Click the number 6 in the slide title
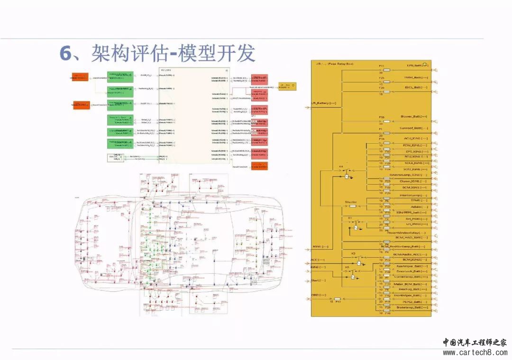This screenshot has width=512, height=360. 65,53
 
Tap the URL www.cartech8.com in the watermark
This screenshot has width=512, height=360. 475,352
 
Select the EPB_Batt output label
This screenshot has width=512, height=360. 417,66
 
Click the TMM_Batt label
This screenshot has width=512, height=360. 416,77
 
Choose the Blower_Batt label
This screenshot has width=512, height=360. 414,116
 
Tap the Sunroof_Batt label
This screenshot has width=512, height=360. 413,128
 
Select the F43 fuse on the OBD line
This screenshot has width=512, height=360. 337,299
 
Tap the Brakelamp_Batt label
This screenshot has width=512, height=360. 414,307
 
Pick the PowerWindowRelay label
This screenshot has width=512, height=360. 406,233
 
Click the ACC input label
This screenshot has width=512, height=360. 318,260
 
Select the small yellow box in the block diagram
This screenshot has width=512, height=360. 286,86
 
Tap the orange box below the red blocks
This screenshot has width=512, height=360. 259,166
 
